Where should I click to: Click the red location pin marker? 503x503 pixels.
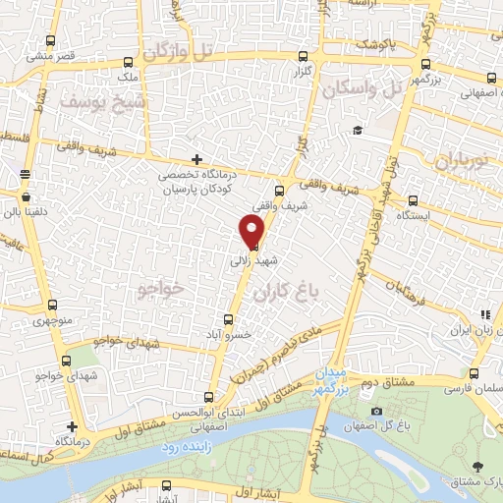pos(252,230)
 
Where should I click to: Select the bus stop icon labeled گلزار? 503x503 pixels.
pos(303,56)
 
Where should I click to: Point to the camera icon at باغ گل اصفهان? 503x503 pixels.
pos(376,411)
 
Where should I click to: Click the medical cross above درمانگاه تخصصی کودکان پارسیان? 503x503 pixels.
pos(197,158)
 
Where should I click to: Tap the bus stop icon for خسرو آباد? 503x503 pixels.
pos(228,319)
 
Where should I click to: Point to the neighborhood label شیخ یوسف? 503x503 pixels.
pos(102,101)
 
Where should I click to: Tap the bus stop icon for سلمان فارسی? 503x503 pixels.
pos(475,373)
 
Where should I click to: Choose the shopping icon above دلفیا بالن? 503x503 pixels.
pos(25,174)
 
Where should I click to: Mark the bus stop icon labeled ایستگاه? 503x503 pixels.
pos(413,198)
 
